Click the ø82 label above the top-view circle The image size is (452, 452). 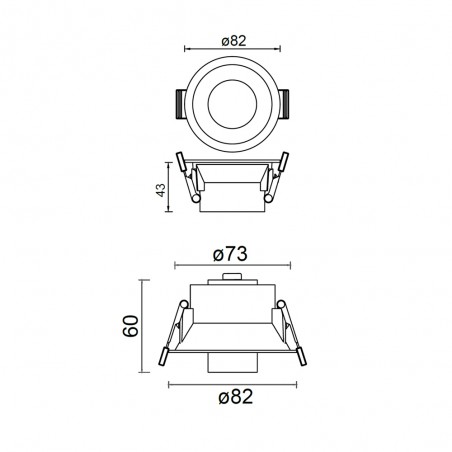[232, 41]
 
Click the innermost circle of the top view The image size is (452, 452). [231, 103]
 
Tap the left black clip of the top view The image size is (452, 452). [180, 104]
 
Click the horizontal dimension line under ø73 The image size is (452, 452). [230, 265]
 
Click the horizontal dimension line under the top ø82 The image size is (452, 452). [232, 51]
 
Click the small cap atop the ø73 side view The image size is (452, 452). [230, 280]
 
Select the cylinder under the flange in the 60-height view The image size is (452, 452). [231, 363]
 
